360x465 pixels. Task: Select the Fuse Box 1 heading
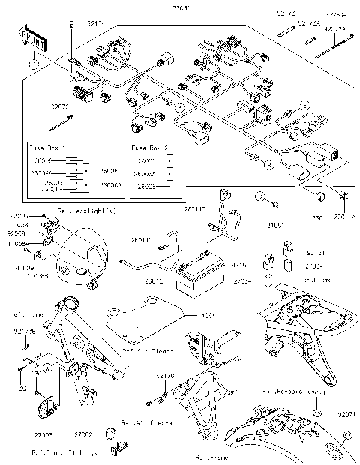pos(46,148)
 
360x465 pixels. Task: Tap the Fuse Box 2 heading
pos(148,148)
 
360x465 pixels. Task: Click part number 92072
pos(60,106)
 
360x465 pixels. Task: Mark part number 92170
pos(165,375)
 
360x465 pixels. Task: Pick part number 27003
pos(63,434)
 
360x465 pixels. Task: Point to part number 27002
pos(103,434)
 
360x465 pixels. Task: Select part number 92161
pos(316,254)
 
